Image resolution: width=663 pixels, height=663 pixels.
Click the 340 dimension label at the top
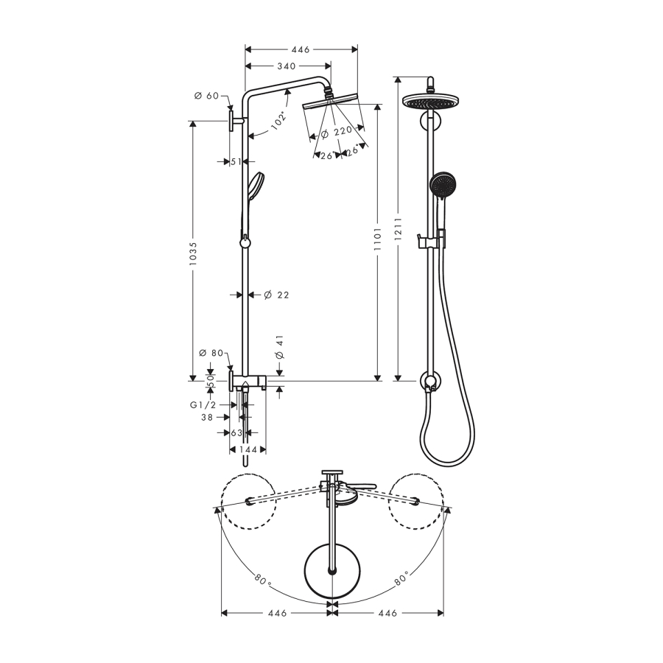click(287, 66)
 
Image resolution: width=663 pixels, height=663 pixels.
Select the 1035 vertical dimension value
click(193, 253)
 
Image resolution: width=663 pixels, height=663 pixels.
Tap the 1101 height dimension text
click(378, 239)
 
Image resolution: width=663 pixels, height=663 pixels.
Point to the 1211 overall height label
click(398, 230)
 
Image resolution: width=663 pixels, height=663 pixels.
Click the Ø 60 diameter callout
click(206, 96)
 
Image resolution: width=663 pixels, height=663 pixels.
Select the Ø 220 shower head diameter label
click(337, 133)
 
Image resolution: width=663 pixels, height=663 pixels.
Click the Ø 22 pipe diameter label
click(276, 295)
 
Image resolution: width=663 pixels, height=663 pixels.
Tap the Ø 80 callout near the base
click(211, 353)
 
